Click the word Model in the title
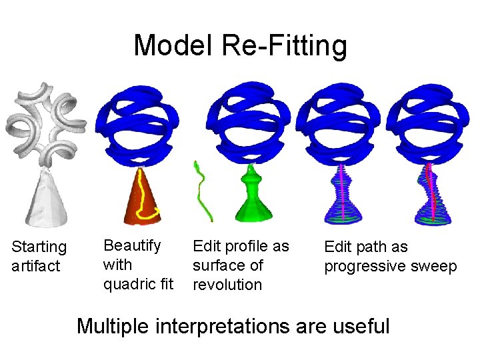point(175,46)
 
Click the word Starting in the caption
point(39,247)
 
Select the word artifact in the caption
point(36,266)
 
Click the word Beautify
point(132,246)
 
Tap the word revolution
point(227,285)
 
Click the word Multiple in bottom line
point(113,326)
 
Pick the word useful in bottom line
point(363,326)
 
